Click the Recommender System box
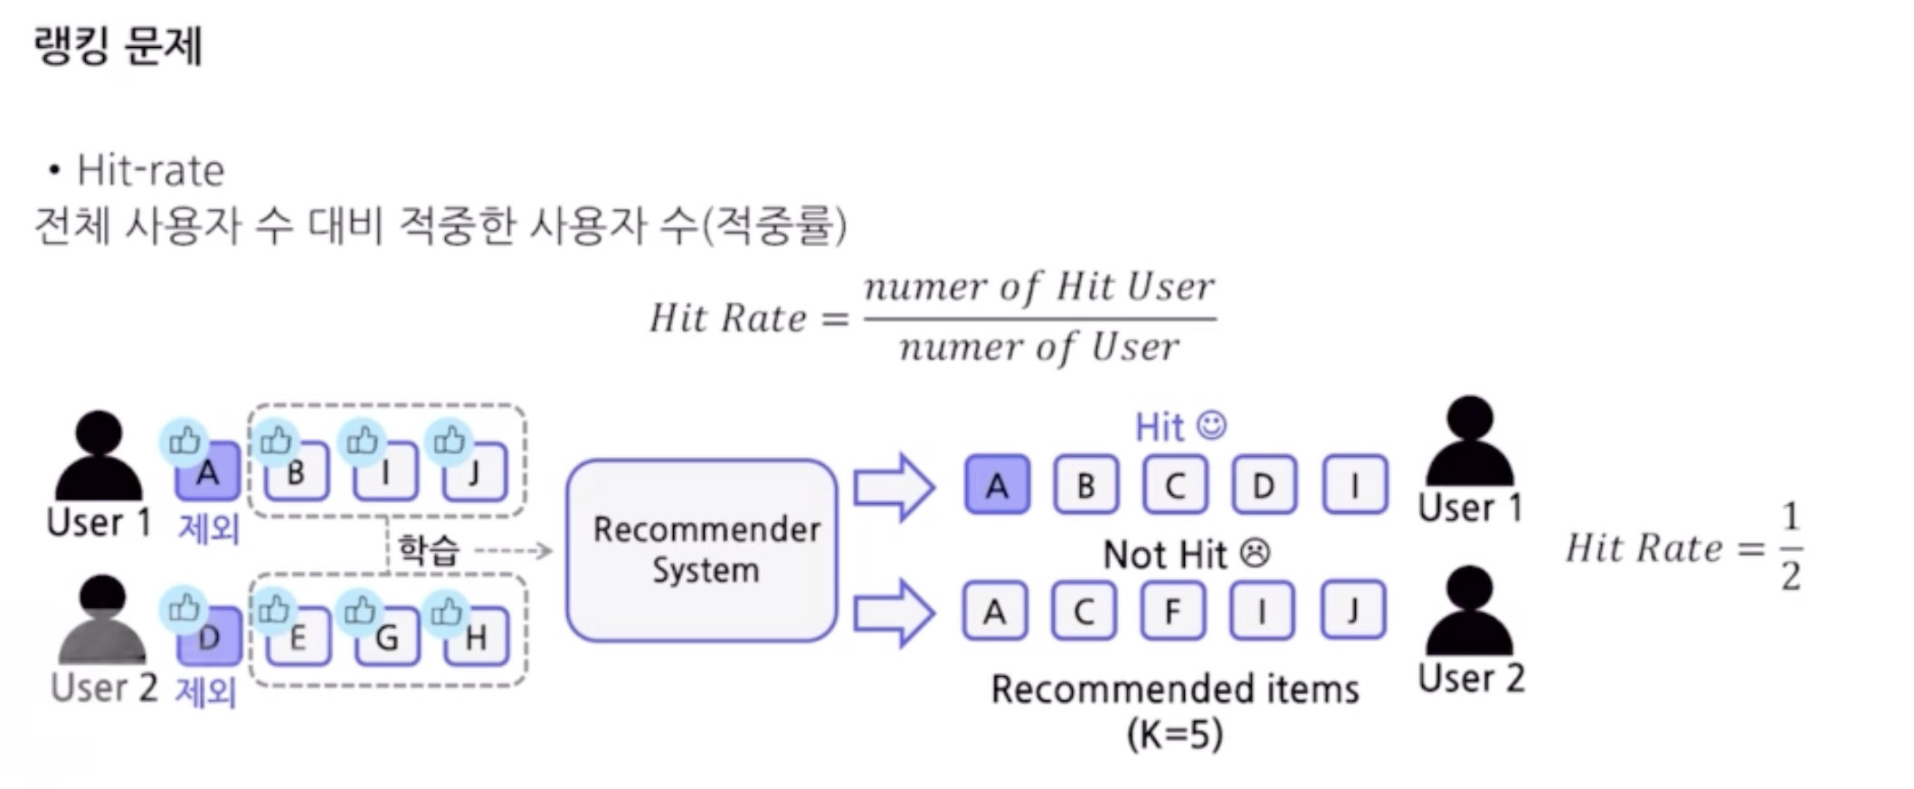702,550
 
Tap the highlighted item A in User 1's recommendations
997,486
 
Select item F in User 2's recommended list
1173,612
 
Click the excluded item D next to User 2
210,637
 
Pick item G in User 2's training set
386,637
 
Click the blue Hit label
1159,427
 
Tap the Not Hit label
1165,554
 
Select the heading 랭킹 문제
118,45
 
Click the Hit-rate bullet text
150,170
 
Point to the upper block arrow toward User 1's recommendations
894,488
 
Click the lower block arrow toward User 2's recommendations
894,613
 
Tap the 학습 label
429,549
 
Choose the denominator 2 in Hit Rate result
1790,576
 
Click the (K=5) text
1175,733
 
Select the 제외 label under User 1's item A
209,528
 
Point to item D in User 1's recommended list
1264,486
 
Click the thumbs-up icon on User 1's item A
185,442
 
